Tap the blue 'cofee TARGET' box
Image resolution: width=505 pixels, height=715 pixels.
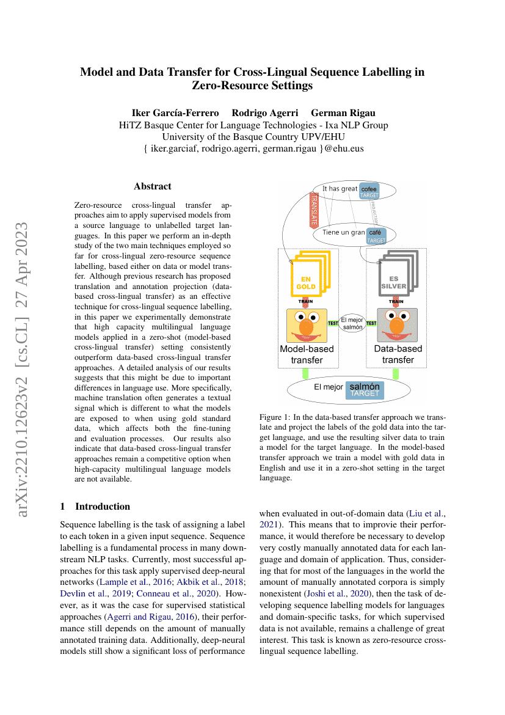pos(369,191)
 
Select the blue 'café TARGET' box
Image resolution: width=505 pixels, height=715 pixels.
pos(376,237)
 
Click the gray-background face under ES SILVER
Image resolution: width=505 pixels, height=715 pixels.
pos(397,325)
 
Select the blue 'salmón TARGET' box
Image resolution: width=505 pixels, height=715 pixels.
pos(364,390)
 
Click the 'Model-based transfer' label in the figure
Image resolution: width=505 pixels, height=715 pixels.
pos(307,354)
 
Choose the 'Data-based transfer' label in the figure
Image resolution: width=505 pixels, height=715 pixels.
pos(398,354)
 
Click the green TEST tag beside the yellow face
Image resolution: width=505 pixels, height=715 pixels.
pos(333,323)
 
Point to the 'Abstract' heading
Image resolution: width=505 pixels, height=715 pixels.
pos(152,186)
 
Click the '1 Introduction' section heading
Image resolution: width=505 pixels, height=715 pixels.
pos(95,506)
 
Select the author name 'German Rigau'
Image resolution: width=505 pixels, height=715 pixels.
pos(343,112)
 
